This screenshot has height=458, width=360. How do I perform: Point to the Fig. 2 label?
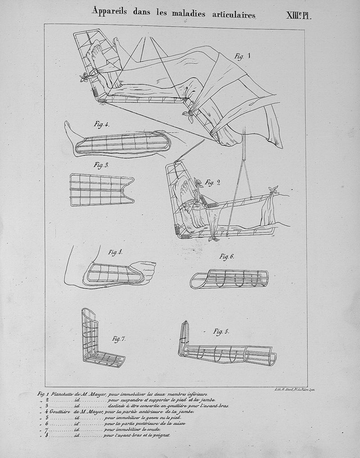(212, 182)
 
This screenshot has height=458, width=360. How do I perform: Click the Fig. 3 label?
(101, 165)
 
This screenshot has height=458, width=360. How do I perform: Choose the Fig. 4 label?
(102, 124)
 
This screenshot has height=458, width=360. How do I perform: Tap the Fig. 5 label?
(221, 332)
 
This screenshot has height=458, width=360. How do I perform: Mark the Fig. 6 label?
(227, 256)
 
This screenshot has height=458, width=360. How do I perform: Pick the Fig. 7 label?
(119, 338)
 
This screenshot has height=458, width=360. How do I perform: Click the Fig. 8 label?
(115, 252)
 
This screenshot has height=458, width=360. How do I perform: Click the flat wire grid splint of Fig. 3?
(100, 189)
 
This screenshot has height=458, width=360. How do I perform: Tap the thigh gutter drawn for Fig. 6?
(229, 279)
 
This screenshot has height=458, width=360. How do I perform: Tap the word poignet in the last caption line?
(160, 436)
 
